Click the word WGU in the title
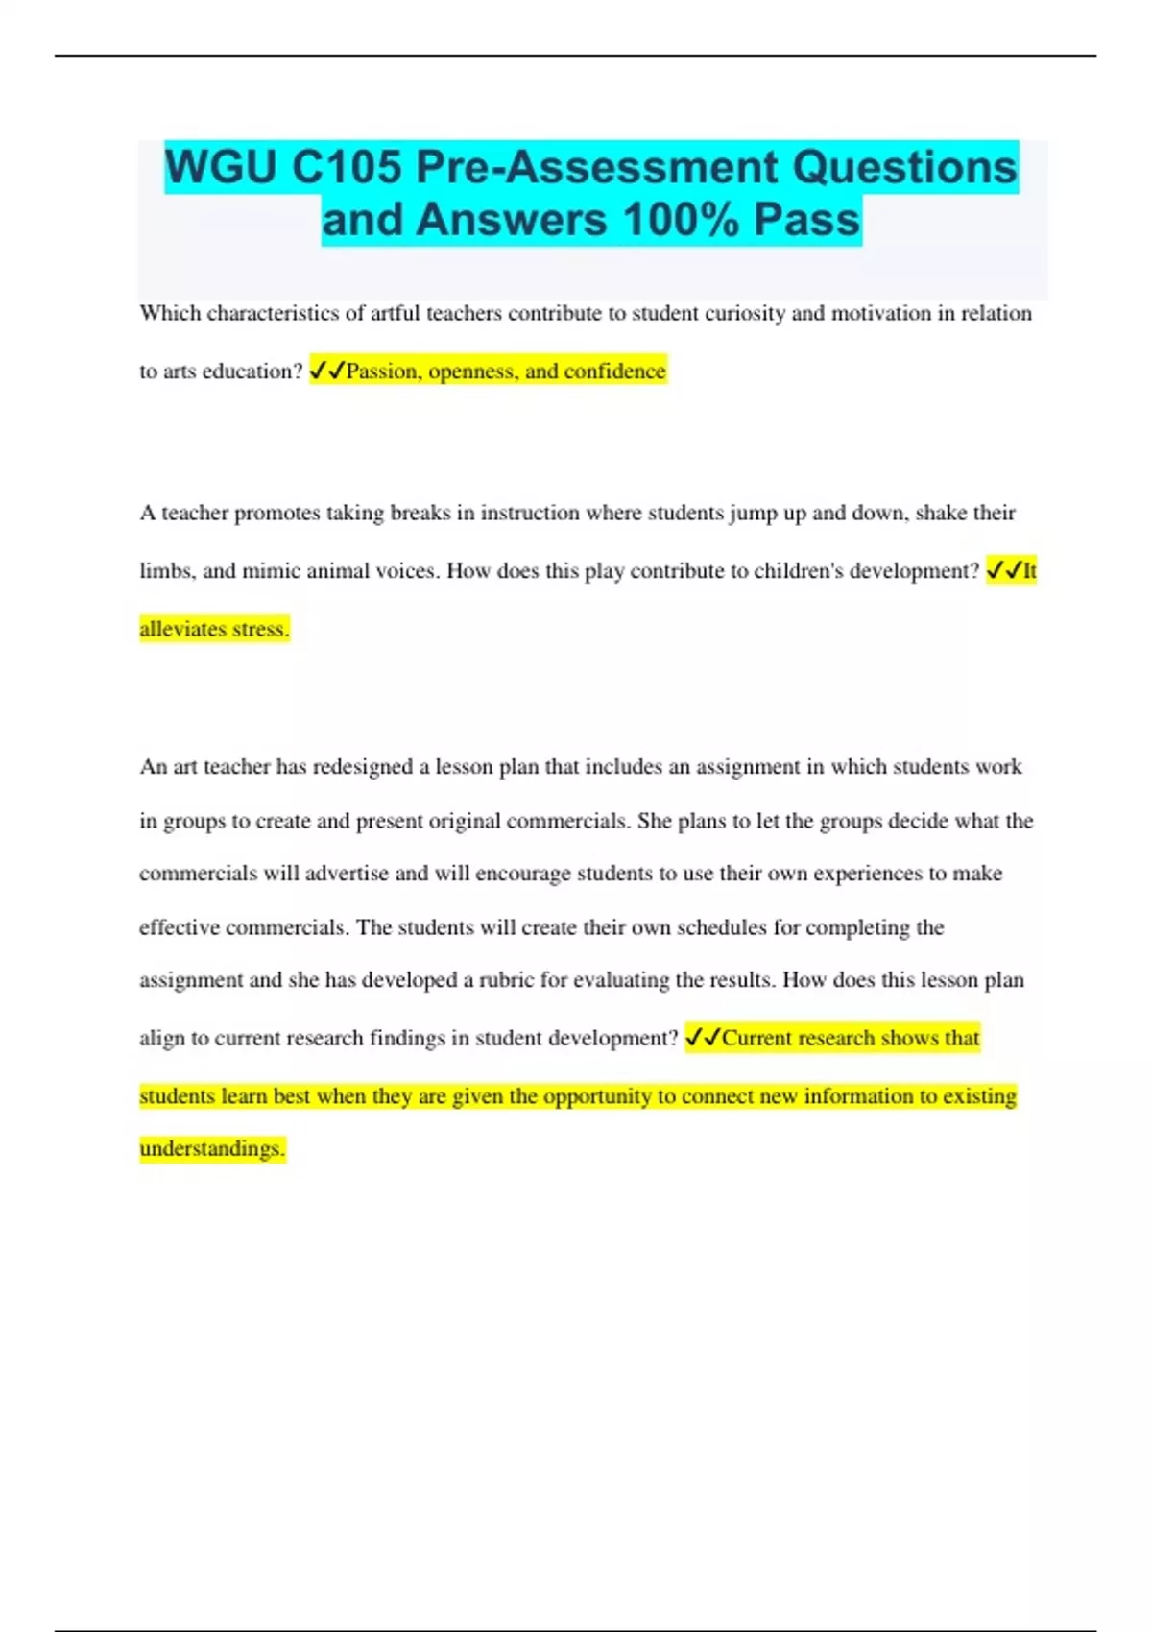221,167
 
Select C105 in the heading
347,167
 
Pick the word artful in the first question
396,313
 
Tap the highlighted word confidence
614,372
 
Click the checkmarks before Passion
326,371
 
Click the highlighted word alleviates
181,629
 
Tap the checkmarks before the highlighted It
1003,570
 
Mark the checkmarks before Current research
703,1038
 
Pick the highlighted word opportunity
597,1096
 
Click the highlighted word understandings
212,1149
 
